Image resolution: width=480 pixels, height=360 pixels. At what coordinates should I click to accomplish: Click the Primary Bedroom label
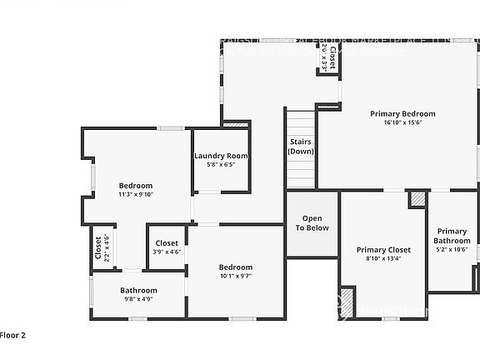point(403,113)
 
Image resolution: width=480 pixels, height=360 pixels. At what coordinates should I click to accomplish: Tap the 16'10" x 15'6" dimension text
point(403,122)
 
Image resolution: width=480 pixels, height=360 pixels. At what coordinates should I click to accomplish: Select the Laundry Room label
point(221,156)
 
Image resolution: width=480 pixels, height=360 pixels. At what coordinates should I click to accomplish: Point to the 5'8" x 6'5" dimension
point(221,165)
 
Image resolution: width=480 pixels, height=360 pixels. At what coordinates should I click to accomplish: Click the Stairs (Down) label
point(300,147)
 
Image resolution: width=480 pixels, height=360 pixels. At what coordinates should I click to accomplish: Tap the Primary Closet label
point(383,249)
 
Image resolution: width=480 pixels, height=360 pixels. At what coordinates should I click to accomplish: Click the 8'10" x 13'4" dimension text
point(383,258)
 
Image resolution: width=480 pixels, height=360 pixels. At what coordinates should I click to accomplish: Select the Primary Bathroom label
point(452,236)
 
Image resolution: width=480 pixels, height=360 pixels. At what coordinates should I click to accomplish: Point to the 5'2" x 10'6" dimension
point(452,249)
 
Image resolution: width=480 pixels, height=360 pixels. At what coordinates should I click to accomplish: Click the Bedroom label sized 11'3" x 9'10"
point(135,185)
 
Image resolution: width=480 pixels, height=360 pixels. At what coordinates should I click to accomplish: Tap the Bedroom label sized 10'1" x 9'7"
point(236,267)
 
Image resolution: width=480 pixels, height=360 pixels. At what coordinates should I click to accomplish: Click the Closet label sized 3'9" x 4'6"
point(167,242)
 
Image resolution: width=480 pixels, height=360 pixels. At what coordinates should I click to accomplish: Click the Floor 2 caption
point(12,335)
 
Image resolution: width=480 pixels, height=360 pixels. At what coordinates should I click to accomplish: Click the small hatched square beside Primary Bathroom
point(417,199)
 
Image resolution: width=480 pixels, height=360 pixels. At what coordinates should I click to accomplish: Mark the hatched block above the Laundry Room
point(236,124)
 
